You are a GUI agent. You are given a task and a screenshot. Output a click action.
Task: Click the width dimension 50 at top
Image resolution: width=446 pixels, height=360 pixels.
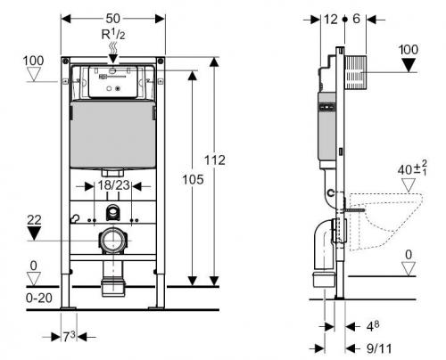click(x=113, y=19)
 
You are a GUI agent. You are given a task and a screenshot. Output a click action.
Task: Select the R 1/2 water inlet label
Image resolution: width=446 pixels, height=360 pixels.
click(x=113, y=35)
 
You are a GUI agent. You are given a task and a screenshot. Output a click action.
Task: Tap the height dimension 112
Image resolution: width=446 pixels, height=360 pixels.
click(x=215, y=160)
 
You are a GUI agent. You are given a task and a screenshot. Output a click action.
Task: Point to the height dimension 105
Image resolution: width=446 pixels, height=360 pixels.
click(x=193, y=179)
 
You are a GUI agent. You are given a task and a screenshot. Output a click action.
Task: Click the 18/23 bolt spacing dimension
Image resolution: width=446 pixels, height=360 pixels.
click(x=113, y=185)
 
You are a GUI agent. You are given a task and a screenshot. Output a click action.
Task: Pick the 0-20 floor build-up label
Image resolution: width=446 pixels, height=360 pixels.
click(x=39, y=298)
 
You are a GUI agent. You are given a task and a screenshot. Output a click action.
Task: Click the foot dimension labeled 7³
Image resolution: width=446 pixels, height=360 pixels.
click(x=69, y=337)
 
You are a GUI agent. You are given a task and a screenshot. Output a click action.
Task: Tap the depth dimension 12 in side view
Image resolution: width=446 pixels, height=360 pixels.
click(x=330, y=20)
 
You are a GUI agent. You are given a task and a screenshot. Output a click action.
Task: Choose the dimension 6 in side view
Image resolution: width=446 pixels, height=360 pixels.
click(x=356, y=19)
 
